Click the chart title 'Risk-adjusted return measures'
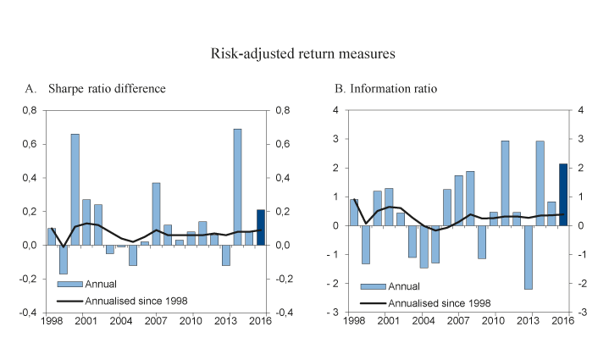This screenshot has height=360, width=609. click(x=304, y=53)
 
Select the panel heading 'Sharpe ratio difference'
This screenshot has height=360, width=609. click(x=107, y=89)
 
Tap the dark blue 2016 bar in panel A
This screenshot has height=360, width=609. click(x=261, y=227)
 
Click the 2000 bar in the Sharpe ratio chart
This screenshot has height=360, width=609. click(x=75, y=190)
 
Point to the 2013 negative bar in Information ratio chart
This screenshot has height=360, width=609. click(x=528, y=258)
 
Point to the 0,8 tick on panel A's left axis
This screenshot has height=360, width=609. click(x=30, y=110)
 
